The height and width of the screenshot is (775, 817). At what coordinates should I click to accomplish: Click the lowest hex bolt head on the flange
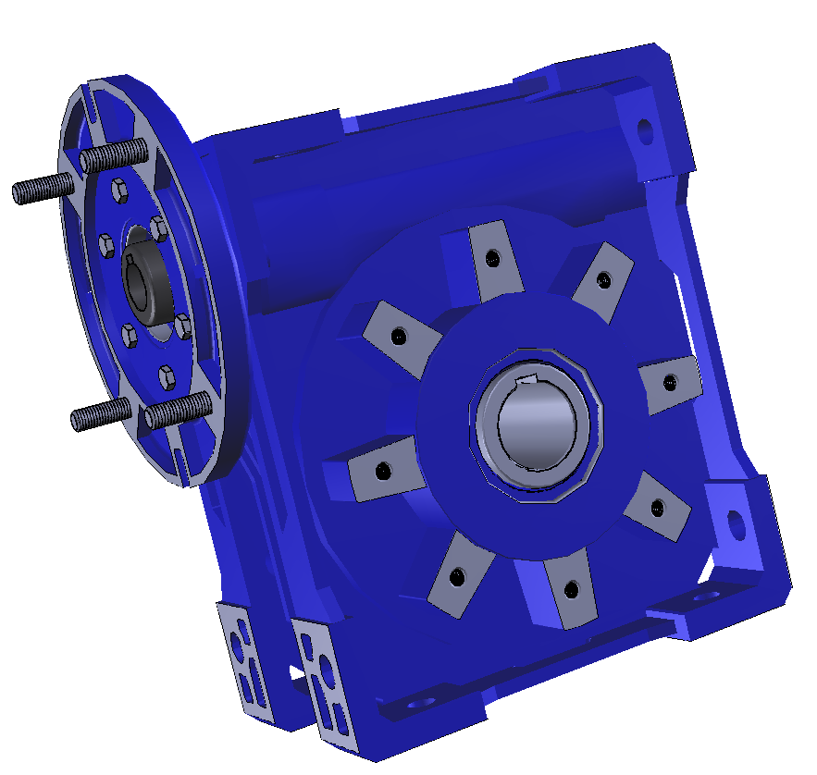pos(167,375)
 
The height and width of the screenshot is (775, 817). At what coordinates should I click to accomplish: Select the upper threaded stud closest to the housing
pos(115,154)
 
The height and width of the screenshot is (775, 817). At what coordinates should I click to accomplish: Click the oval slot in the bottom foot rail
pos(419,705)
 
